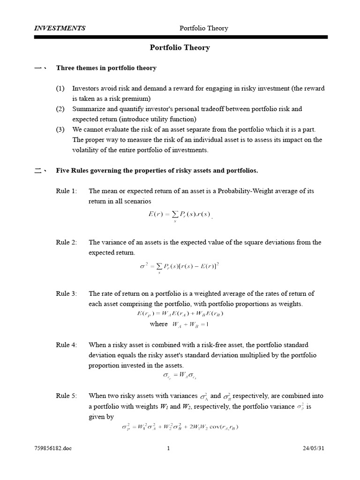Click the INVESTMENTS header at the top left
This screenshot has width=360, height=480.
60,28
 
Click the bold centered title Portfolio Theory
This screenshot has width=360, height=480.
180,47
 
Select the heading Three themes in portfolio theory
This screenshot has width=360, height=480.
106,68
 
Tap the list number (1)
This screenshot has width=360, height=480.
60,89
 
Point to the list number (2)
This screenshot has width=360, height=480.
60,109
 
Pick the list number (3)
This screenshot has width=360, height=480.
60,129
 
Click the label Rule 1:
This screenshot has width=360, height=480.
66,191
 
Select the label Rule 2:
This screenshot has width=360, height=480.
66,242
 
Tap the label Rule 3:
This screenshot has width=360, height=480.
66,293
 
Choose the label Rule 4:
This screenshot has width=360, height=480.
66,345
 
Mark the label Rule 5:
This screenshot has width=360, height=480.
66,396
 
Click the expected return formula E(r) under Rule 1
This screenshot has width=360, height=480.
180,216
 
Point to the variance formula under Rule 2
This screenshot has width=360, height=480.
180,267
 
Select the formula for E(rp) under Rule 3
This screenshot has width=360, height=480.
180,314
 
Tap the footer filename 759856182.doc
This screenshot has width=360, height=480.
53,448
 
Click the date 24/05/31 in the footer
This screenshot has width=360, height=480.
314,448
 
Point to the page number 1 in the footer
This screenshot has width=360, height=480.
168,448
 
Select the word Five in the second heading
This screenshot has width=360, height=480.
63,171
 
